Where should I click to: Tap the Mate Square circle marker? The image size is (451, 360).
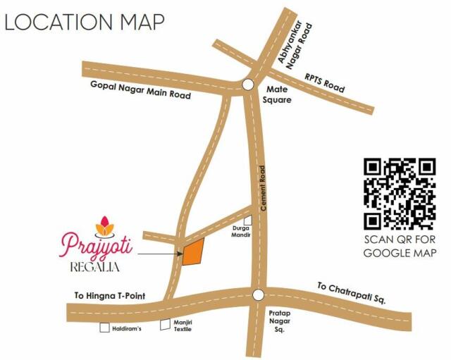coord(247,85)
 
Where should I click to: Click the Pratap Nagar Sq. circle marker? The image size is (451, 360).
coord(258,295)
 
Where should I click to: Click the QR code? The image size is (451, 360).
coord(400,194)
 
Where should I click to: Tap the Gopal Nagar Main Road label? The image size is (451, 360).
coord(141,89)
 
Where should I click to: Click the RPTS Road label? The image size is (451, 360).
coord(324,84)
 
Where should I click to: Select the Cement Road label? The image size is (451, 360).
coord(262,185)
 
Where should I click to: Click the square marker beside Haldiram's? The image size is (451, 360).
coord(105,328)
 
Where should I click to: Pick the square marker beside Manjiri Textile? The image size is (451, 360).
coord(166,326)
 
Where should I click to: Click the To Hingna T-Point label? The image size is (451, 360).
coord(109,297)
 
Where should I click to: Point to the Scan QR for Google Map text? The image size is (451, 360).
coord(400,246)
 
